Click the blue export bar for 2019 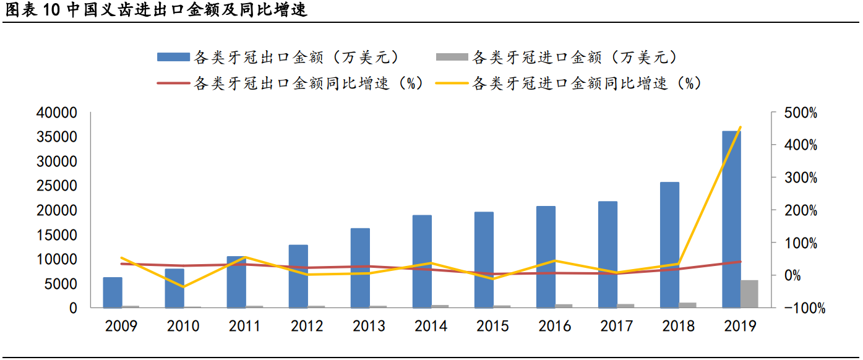tap(731, 220)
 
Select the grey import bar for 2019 tap(749, 294)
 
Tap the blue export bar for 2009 tap(113, 293)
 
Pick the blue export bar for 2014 tap(422, 262)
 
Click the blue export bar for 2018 tap(669, 245)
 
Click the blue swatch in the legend tap(173, 58)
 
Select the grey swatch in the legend tap(452, 58)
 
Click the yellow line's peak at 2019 tap(740, 127)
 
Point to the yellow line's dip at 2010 tap(183, 287)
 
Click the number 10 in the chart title tap(53, 11)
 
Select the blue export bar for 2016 tap(546, 257)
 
